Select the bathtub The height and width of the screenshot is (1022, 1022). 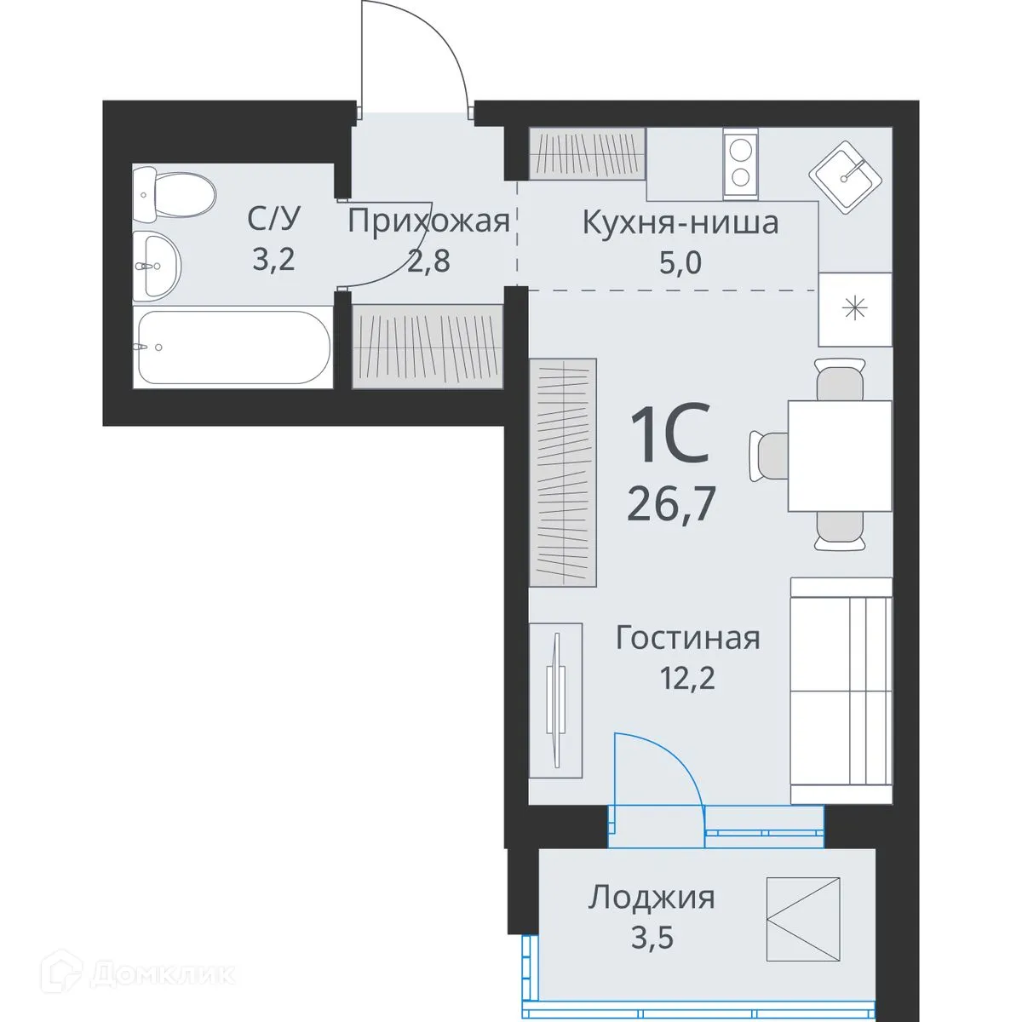(x=233, y=347)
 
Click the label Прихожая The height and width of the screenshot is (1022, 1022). (x=428, y=221)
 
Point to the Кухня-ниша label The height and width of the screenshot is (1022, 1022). (x=680, y=223)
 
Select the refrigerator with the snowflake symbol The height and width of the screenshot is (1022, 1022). (x=854, y=309)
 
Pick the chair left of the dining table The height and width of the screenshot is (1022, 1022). (x=768, y=455)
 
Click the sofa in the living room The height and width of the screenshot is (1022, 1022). (x=840, y=690)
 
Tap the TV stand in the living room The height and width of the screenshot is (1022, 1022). (x=555, y=700)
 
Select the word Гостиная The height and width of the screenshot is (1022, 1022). (x=687, y=638)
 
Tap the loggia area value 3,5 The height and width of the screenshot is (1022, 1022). (x=652, y=939)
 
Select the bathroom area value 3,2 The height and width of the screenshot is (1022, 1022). (x=273, y=258)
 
